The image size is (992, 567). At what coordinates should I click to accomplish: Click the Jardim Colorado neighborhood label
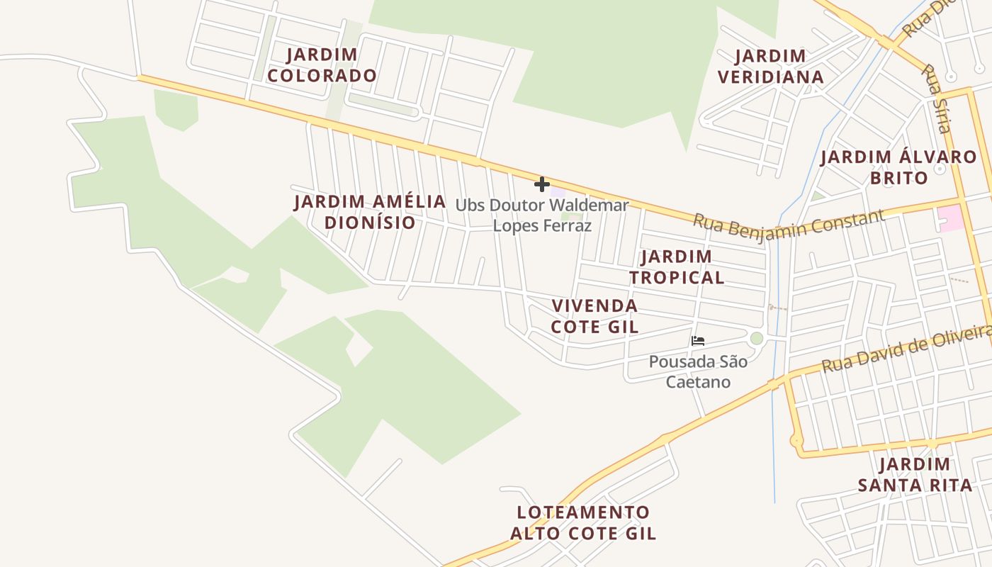[x=322, y=65]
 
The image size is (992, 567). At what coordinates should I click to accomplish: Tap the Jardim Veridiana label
[x=770, y=67]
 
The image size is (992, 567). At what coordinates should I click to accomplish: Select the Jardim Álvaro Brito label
[x=898, y=167]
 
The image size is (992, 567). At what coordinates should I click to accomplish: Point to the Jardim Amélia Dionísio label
[x=370, y=212]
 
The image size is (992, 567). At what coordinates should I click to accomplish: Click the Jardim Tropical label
[x=677, y=266]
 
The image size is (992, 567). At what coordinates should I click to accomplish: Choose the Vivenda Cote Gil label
[x=594, y=316]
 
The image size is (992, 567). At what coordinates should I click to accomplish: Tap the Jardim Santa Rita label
[x=915, y=475]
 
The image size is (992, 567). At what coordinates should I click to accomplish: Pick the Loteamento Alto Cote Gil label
[x=583, y=522]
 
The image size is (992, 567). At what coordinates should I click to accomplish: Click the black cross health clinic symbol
[x=542, y=184]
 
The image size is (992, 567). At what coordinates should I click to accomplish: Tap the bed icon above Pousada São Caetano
[x=698, y=340]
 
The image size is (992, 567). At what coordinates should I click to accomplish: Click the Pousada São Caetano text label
[x=698, y=372]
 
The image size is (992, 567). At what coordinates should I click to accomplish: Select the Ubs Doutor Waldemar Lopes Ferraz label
[x=542, y=215]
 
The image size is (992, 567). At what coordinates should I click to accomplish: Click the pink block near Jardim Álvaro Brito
[x=950, y=217]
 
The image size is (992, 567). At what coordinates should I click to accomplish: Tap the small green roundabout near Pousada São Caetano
[x=757, y=338]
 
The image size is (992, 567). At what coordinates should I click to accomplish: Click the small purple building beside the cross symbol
[x=558, y=191]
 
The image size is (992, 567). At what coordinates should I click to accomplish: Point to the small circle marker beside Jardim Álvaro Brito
[x=940, y=170]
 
